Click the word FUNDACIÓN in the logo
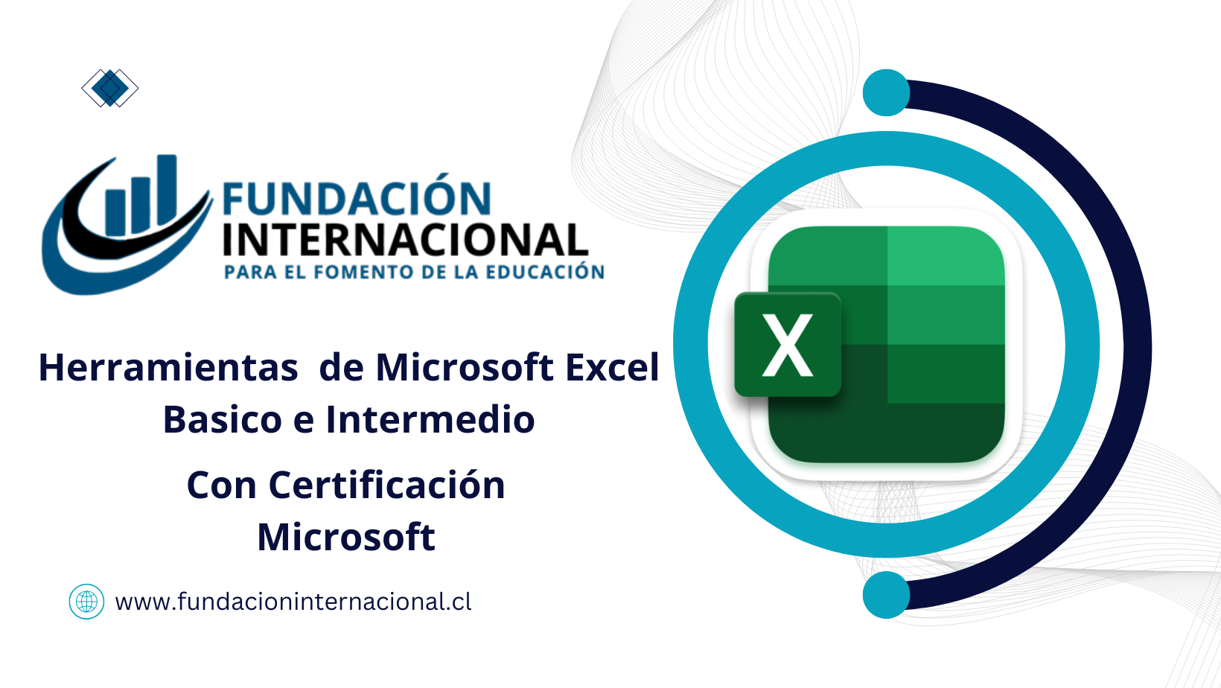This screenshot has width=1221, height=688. click(357, 200)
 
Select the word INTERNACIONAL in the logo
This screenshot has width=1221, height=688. click(405, 241)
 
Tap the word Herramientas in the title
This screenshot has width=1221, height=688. click(168, 368)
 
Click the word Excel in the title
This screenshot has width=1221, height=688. click(612, 368)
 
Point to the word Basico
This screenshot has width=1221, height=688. click(223, 420)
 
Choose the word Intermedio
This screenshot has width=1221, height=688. click(430, 420)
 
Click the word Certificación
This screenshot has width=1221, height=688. click(386, 485)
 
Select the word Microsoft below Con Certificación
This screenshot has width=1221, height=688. click(346, 538)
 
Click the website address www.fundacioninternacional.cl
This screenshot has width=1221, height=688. click(293, 602)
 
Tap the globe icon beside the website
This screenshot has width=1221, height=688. click(86, 602)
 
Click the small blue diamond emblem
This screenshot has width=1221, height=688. click(109, 89)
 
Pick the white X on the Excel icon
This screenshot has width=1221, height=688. click(787, 345)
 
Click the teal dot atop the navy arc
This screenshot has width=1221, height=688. click(886, 93)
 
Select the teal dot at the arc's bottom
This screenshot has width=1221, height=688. click(886, 595)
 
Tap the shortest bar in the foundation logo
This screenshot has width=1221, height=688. click(115, 211)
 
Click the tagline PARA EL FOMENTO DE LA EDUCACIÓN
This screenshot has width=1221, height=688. click(414, 273)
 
